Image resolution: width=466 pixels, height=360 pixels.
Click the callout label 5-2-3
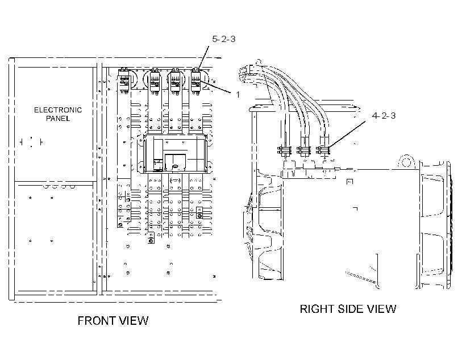click(223, 39)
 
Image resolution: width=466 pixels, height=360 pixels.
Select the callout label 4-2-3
click(384, 115)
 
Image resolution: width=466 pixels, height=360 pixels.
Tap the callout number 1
click(238, 95)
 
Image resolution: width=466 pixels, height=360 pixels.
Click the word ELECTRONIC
click(58, 110)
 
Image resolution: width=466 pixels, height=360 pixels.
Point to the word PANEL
click(58, 119)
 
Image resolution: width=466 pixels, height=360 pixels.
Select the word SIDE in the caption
click(351, 309)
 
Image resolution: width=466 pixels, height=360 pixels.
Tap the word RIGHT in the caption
click(317, 309)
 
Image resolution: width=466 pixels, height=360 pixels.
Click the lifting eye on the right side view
click(406, 162)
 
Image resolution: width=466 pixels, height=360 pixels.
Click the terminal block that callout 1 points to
click(195, 81)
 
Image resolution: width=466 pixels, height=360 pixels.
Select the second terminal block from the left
click(155, 81)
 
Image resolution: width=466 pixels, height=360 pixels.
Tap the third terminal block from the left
click(175, 81)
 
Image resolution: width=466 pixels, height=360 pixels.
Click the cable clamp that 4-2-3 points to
click(323, 150)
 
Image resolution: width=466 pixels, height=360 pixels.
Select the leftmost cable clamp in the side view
click(284, 150)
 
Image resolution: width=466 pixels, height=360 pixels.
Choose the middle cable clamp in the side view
click(304, 150)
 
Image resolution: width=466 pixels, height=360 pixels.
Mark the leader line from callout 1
click(215, 87)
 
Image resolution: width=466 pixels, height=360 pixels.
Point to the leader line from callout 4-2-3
click(347, 134)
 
